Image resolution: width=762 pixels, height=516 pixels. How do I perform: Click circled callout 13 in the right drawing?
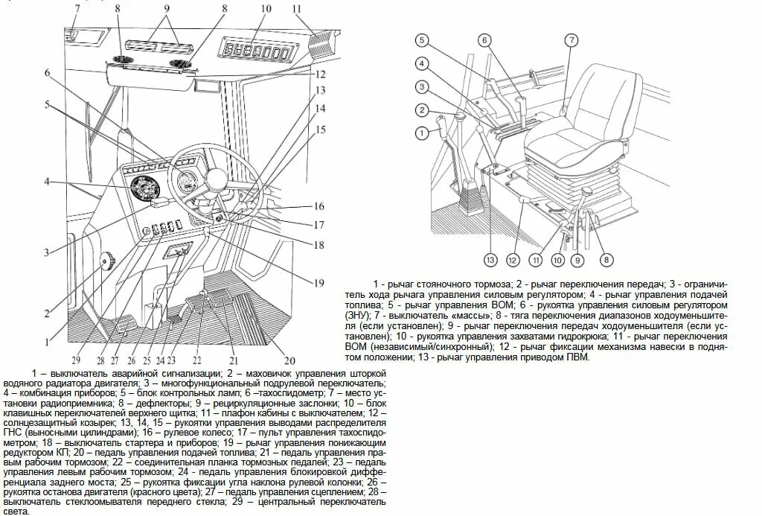click(x=490, y=260)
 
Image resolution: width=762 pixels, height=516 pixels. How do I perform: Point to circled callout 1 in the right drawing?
click(x=421, y=133)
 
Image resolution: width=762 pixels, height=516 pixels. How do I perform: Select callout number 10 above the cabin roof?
click(x=266, y=9)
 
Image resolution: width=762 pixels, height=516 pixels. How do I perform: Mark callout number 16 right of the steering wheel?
click(x=319, y=206)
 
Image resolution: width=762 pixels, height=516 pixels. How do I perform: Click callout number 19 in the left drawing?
click(x=318, y=282)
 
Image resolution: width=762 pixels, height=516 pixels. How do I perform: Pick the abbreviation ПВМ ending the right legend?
click(x=576, y=357)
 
